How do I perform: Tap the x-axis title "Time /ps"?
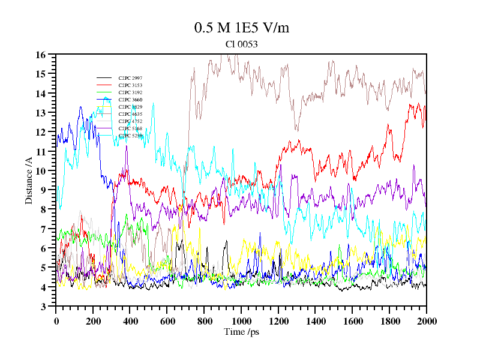tap(241, 331)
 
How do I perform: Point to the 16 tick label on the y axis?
tap(41, 55)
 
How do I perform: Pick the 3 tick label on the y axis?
tap(44, 307)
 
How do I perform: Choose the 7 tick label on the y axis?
tap(44, 229)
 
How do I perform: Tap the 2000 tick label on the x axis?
tap(427, 321)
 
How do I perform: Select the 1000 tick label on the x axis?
tap(241, 321)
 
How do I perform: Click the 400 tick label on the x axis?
tap(130, 321)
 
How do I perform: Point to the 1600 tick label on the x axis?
tap(352, 321)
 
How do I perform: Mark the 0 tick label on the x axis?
tap(56, 321)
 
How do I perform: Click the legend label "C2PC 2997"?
tap(130, 79)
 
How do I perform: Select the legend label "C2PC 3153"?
tap(130, 86)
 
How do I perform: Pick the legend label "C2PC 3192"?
tap(130, 93)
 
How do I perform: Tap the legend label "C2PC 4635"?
tap(130, 114)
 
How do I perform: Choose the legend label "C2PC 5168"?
tap(130, 128)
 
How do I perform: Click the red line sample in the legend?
tap(104, 86)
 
